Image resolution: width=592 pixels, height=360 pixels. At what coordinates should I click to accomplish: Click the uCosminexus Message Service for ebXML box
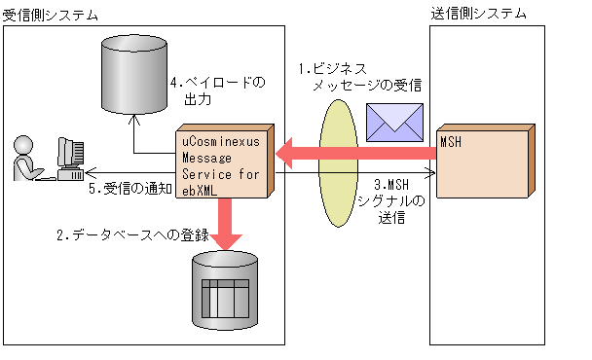(x=222, y=162)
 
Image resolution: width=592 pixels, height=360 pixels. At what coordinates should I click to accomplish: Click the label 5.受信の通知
(x=128, y=189)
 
